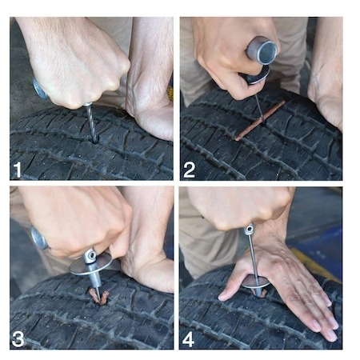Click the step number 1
pyautogui.click(x=17, y=170)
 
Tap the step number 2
pyautogui.click(x=189, y=170)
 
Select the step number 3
pyautogui.click(x=18, y=339)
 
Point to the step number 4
pyautogui.click(x=188, y=339)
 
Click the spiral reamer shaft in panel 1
pyautogui.click(x=91, y=122)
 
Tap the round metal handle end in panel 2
pyautogui.click(x=262, y=50)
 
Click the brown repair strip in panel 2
pyautogui.click(x=260, y=120)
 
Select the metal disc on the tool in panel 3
pyautogui.click(x=90, y=264)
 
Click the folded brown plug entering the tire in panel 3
pyautogui.click(x=98, y=296)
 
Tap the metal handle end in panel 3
pyautogui.click(x=39, y=238)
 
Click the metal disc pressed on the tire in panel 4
pyautogui.click(x=256, y=282)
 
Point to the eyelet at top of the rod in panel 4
pyautogui.click(x=249, y=229)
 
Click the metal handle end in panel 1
pyautogui.click(x=40, y=89)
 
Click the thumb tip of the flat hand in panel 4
pyautogui.click(x=222, y=297)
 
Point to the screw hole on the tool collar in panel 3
pyautogui.click(x=93, y=256)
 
